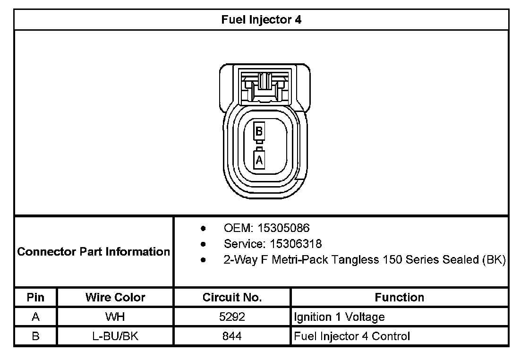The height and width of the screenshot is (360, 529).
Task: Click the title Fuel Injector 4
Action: click(x=261, y=20)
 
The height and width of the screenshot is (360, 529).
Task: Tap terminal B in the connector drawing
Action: click(x=259, y=131)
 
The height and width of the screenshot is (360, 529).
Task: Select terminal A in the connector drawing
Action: click(x=259, y=159)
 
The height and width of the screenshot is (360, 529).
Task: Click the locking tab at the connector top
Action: click(x=264, y=85)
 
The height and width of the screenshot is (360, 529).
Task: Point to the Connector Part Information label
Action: click(x=94, y=251)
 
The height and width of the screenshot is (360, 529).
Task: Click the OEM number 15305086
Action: click(x=283, y=228)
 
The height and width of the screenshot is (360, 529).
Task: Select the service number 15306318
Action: click(x=296, y=244)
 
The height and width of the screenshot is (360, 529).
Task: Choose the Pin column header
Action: click(x=35, y=297)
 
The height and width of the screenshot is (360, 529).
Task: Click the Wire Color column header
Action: click(x=115, y=297)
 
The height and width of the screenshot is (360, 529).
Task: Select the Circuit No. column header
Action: click(x=232, y=297)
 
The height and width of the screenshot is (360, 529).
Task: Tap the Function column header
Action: click(x=399, y=297)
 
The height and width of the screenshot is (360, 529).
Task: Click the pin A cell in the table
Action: click(x=35, y=317)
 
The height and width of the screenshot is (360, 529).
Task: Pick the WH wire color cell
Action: click(x=115, y=317)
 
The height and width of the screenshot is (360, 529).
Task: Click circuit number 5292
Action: click(x=232, y=317)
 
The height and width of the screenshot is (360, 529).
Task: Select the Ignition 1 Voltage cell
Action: click(x=339, y=317)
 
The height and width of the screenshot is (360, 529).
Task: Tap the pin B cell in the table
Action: click(x=35, y=336)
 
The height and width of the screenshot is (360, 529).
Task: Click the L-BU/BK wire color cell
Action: click(x=115, y=336)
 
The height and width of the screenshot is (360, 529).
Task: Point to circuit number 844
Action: click(x=232, y=336)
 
